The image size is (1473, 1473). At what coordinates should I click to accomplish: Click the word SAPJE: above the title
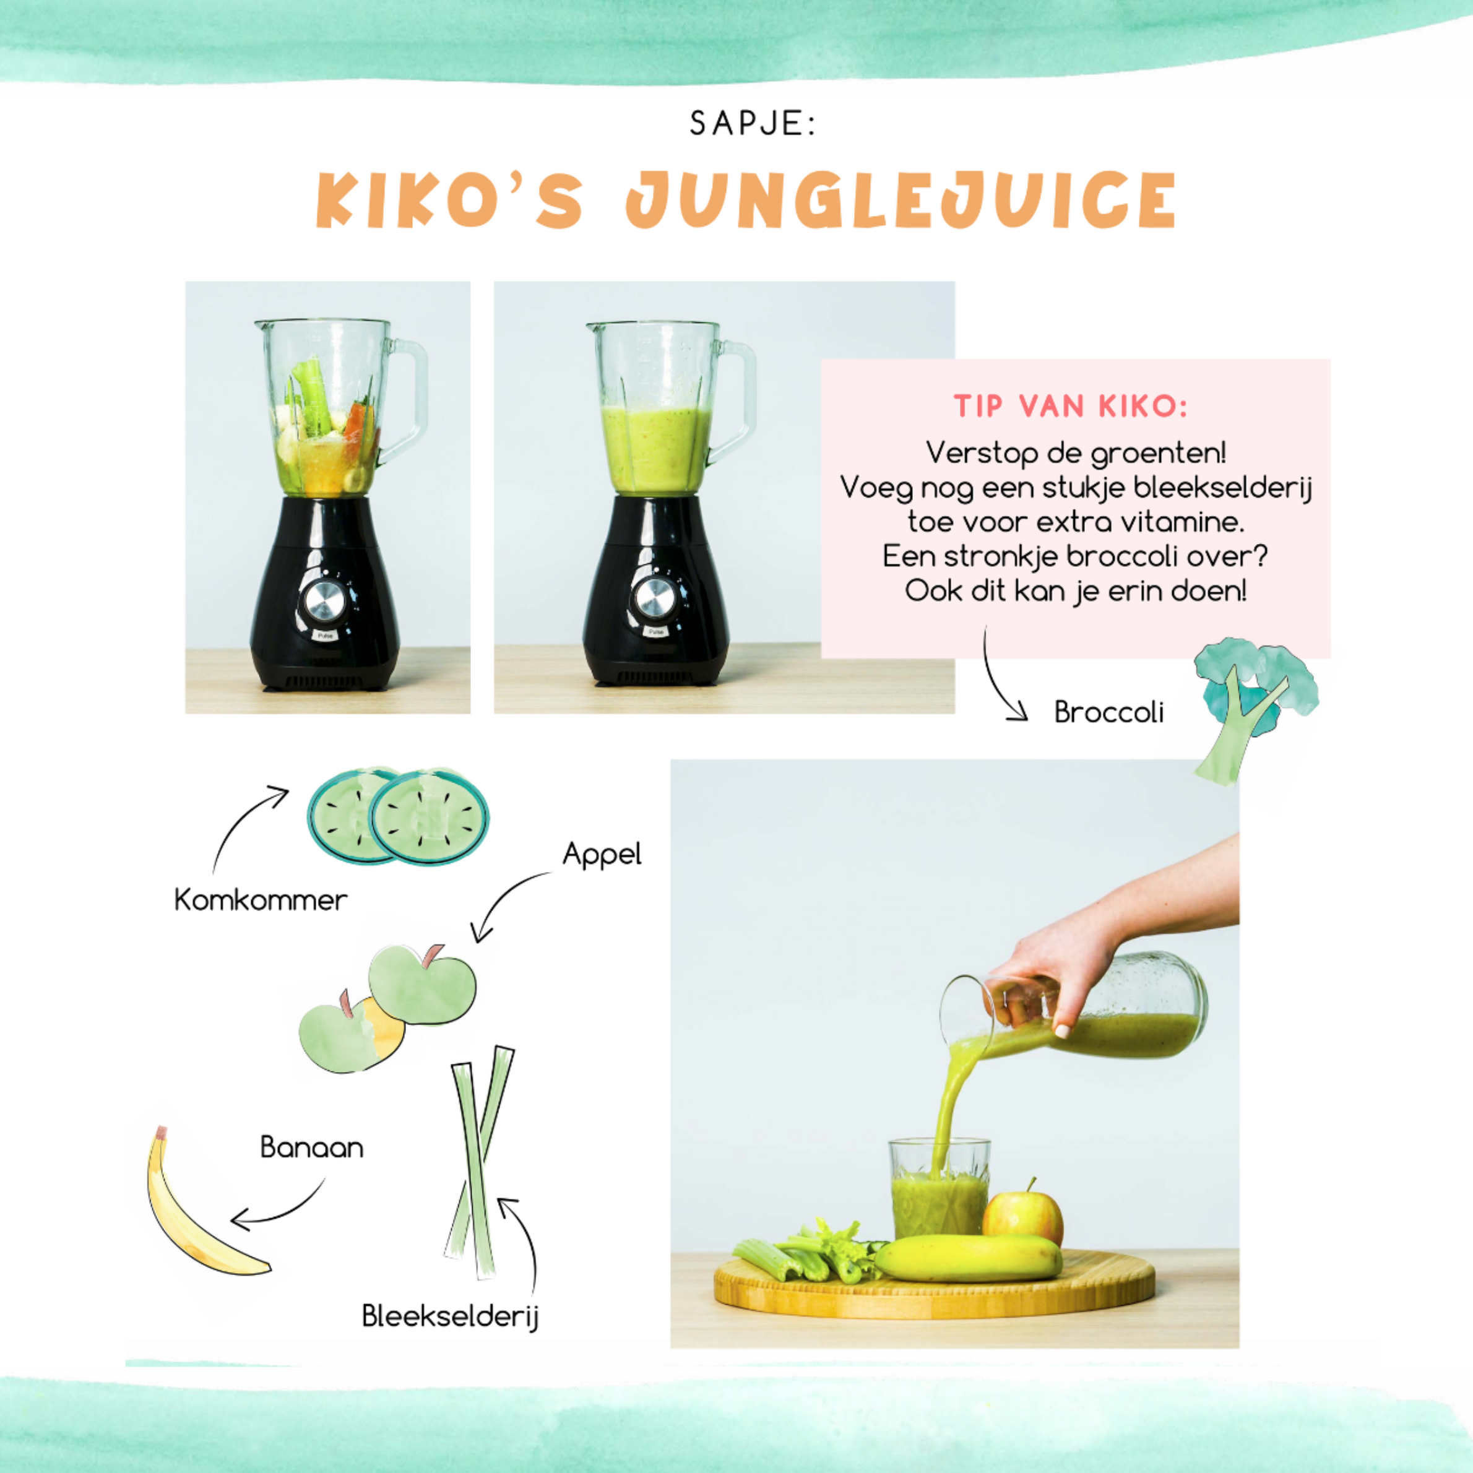pos(752,124)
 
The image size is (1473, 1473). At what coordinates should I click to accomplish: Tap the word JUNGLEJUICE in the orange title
pos(901,200)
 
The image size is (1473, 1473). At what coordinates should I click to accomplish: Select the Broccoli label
pos(1109,712)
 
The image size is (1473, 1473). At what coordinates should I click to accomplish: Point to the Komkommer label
pos(261,900)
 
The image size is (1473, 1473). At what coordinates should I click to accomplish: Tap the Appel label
pos(602,855)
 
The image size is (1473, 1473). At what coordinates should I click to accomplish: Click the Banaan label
pos(312,1147)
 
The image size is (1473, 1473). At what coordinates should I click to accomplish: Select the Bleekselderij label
pos(451,1316)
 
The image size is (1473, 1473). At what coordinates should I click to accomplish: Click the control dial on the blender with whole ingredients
pos(326,602)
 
